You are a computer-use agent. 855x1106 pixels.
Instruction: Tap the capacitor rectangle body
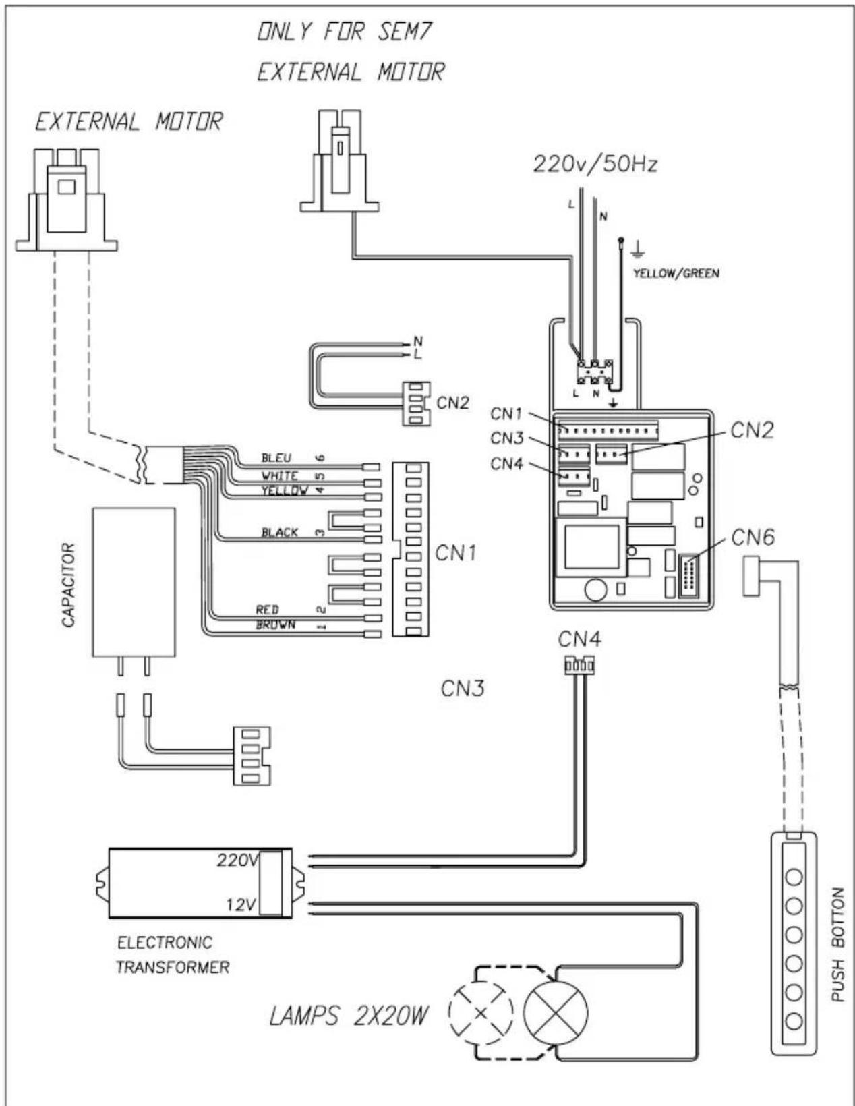134,582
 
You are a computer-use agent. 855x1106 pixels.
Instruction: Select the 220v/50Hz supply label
595,165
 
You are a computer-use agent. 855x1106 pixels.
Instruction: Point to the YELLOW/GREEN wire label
676,273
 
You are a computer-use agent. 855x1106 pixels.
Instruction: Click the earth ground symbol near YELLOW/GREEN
637,250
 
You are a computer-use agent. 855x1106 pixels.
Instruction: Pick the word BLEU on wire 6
276,457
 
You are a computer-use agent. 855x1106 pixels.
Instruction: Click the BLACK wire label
280,532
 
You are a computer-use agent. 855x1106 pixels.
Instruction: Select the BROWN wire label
275,624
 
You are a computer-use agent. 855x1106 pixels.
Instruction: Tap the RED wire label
267,609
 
